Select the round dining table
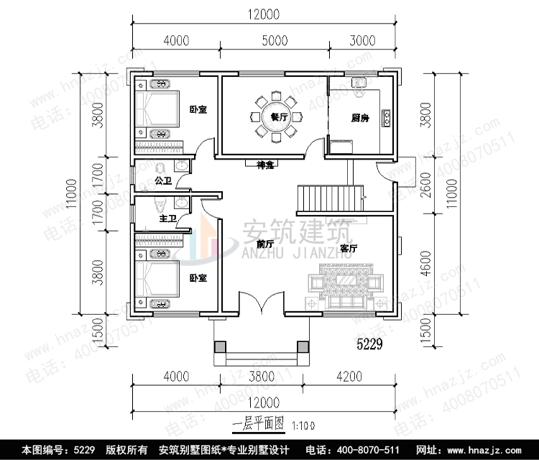point(275,117)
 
